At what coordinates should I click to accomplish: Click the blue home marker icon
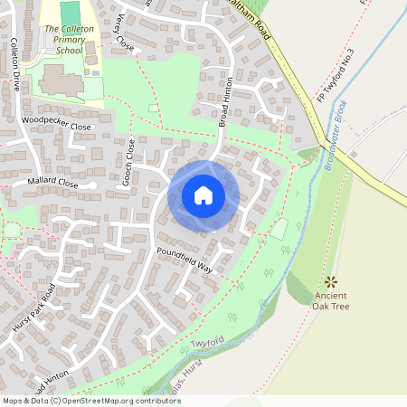203,195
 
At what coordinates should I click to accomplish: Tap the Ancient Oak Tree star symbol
330,281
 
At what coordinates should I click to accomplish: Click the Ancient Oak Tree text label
331,300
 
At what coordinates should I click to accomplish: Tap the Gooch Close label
129,163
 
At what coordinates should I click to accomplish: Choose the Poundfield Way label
184,257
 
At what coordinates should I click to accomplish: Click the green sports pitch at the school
70,13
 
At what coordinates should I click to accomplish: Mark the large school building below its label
60,83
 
